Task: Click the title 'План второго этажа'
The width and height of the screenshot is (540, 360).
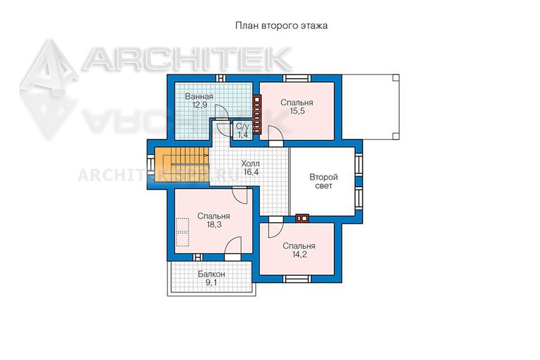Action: (x=281, y=26)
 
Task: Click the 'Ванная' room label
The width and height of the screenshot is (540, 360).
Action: (x=199, y=97)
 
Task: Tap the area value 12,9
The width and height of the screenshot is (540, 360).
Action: (x=199, y=105)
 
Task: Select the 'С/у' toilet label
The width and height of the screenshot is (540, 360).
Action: (x=242, y=126)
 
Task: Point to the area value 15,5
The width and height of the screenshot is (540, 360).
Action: (x=297, y=111)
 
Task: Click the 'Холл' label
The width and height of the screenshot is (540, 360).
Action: (x=250, y=163)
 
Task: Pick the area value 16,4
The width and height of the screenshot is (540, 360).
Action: (x=250, y=172)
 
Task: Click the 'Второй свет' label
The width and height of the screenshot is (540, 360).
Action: (x=324, y=182)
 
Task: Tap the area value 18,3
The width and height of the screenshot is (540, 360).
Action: (x=214, y=225)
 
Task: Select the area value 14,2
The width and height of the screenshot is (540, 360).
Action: (x=299, y=255)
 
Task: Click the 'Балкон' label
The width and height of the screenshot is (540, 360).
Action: (x=211, y=274)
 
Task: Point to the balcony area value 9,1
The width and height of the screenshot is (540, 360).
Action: (x=211, y=283)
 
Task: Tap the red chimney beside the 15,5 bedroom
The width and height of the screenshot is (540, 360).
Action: (x=257, y=114)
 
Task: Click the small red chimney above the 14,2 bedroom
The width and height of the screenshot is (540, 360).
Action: (x=302, y=218)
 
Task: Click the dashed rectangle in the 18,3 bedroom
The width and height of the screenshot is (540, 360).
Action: (x=182, y=232)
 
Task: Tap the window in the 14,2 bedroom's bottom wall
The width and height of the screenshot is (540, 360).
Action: (x=297, y=279)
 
